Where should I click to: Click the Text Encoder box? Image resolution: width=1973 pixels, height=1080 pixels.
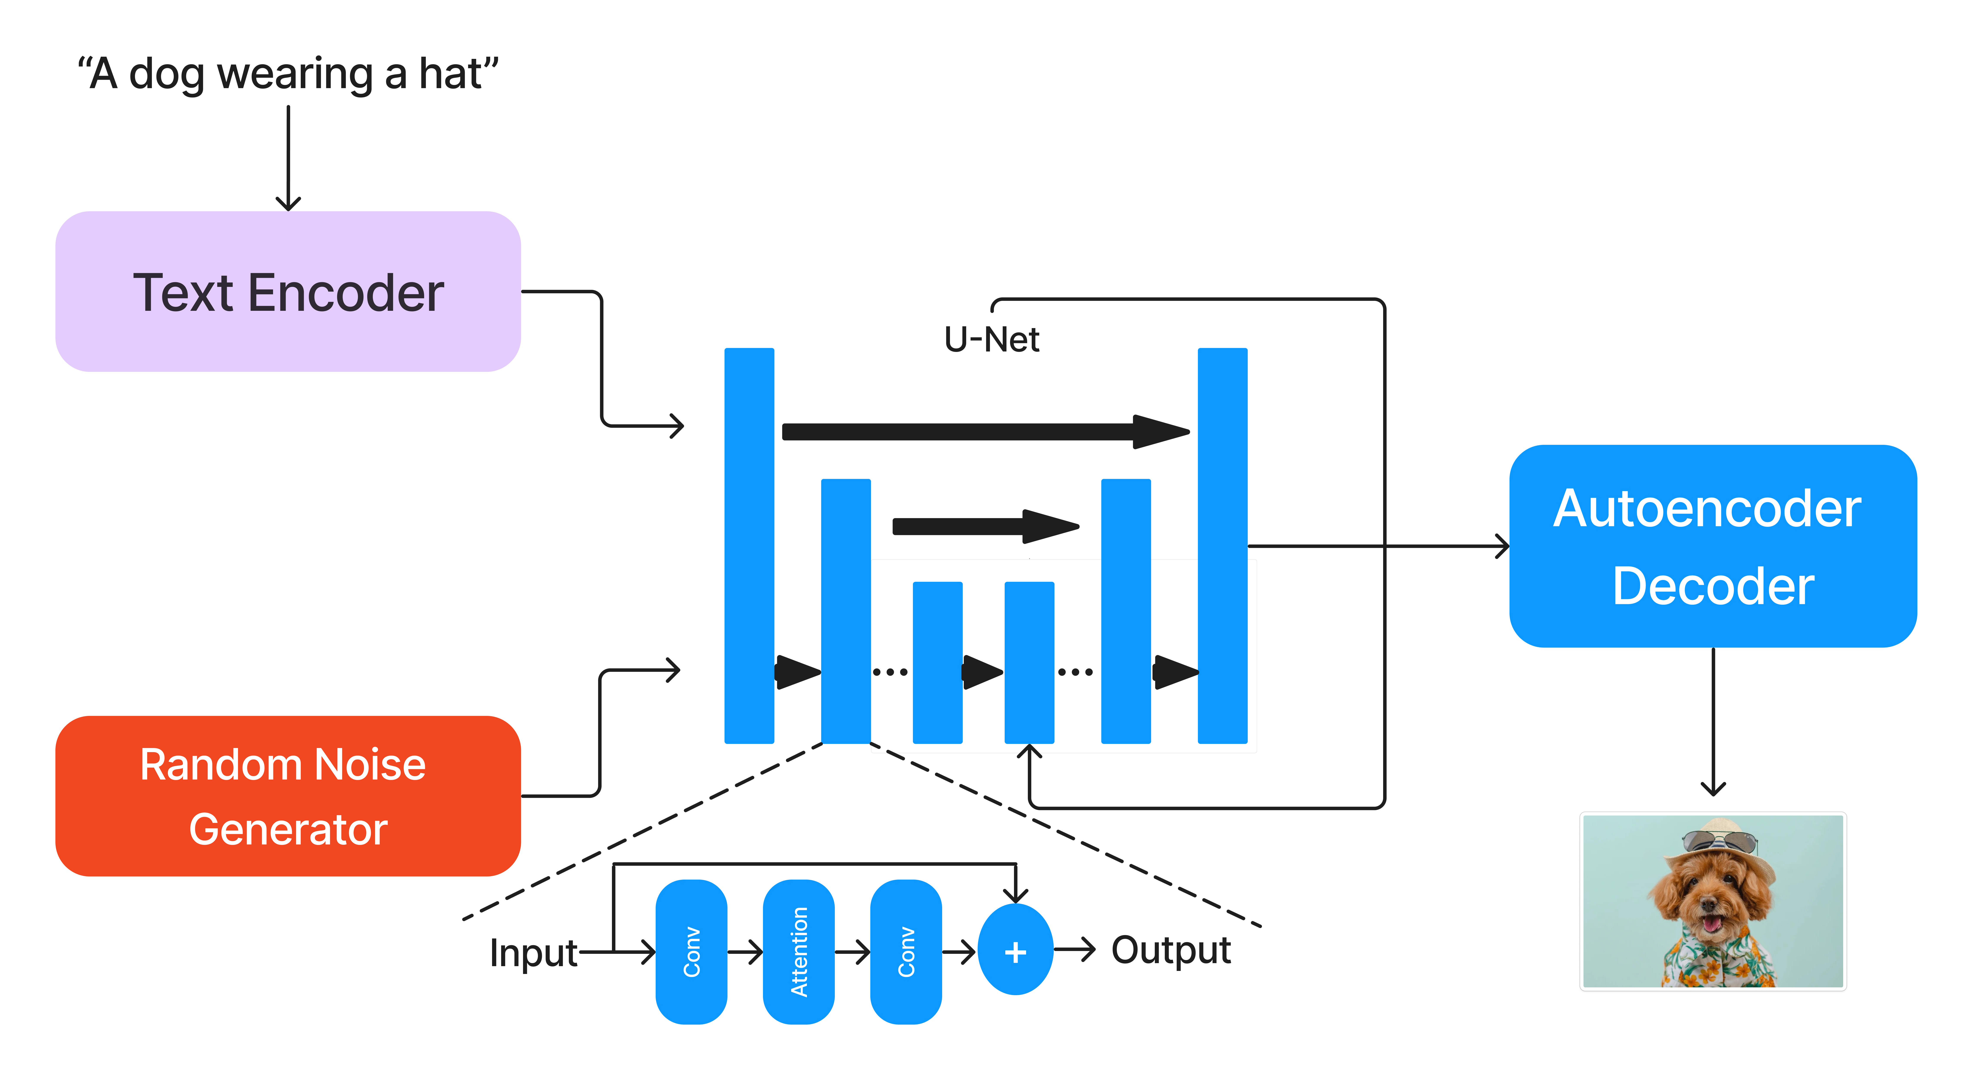tap(288, 292)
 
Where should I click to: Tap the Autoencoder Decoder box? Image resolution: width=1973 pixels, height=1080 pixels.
tap(1713, 546)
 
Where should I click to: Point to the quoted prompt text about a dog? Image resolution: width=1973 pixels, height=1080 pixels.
tap(288, 74)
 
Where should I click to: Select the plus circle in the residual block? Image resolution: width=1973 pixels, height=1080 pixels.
tap(1016, 951)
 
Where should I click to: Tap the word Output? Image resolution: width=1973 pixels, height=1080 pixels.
tap(1170, 950)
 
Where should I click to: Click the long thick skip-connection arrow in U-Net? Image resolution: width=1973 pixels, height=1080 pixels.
tap(980, 432)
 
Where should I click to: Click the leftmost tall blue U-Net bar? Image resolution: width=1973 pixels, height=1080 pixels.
tap(749, 545)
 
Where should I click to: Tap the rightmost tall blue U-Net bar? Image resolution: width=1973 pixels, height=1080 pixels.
tap(1222, 545)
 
